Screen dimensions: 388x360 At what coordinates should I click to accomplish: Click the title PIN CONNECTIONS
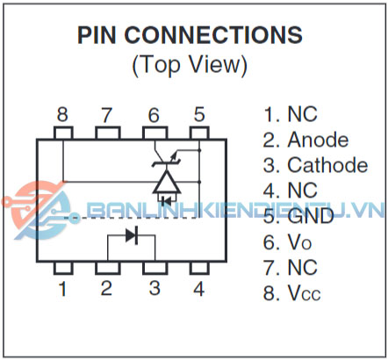(190, 35)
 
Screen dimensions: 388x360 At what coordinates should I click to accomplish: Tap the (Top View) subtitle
(190, 65)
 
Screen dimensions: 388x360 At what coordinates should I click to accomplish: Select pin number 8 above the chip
(62, 114)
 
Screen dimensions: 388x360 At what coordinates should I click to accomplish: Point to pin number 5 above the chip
(199, 114)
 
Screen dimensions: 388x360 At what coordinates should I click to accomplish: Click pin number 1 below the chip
(62, 289)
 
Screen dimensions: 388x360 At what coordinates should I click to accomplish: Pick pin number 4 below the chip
(199, 289)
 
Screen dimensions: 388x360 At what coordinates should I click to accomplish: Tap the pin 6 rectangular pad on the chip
(155, 133)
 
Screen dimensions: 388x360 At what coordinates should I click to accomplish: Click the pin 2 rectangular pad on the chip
(108, 268)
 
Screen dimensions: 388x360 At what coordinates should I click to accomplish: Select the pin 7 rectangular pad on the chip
(108, 133)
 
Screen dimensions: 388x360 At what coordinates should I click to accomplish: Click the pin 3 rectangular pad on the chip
(155, 268)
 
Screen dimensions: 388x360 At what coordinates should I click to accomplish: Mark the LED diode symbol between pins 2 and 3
(132, 235)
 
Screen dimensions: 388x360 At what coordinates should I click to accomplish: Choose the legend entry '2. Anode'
(305, 140)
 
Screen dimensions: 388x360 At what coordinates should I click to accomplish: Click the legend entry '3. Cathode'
(315, 165)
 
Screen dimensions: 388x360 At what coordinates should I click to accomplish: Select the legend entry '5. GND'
(298, 216)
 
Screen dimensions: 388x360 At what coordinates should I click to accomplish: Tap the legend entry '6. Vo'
(287, 242)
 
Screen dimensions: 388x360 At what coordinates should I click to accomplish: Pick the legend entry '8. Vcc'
(291, 292)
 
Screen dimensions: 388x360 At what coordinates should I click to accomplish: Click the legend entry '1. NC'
(291, 114)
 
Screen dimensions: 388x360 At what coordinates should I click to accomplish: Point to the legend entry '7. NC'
(291, 267)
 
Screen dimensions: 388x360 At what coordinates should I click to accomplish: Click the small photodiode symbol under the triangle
(167, 201)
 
